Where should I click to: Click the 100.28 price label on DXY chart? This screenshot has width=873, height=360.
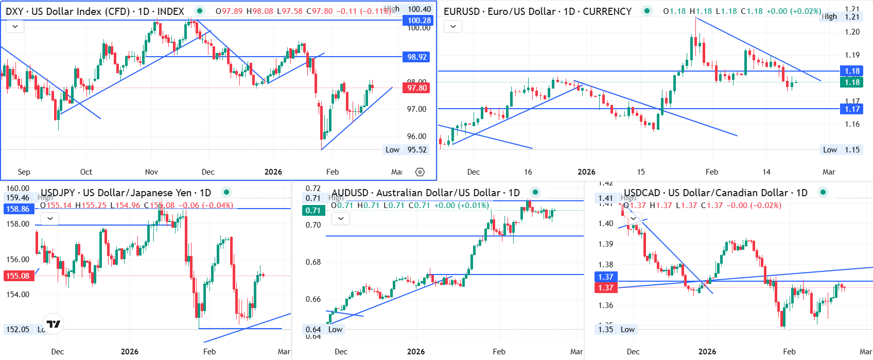419,21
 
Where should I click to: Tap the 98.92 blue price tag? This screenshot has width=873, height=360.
417,57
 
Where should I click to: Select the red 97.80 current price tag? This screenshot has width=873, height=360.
417,88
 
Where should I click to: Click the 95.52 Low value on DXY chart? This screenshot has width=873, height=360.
417,150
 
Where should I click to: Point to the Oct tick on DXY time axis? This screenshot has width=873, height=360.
86,172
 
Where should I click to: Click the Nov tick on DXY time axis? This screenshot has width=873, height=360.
151,172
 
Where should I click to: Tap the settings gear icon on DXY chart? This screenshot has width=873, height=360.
420,172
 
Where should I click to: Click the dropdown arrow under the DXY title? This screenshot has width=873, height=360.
15,26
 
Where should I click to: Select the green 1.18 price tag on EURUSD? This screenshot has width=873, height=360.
852,82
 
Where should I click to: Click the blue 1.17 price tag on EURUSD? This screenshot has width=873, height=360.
852,109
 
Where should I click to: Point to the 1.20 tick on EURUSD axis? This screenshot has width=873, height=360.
852,32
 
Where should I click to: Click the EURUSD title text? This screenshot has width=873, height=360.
537,11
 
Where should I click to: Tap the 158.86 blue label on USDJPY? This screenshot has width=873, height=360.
18,209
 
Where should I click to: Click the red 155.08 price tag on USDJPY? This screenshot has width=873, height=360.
18,276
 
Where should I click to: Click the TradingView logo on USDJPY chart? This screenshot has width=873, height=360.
54,324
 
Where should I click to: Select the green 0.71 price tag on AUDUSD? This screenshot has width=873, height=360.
313,210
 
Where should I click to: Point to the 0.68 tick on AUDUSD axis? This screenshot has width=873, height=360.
313,262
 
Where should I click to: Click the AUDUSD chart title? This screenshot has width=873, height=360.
426,193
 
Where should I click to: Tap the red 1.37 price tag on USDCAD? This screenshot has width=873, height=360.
606,288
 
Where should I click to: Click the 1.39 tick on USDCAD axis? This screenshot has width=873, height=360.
606,244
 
